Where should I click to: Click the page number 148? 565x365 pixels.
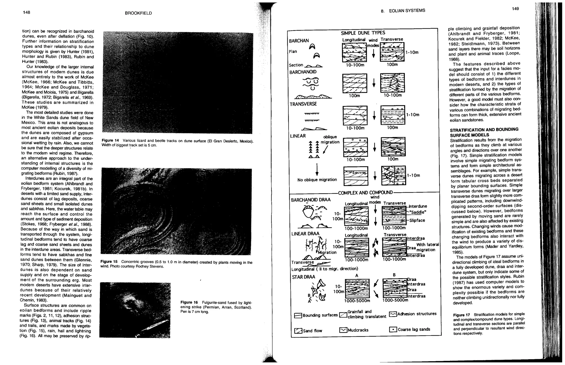[x=27, y=12]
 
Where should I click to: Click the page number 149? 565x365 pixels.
[x=515, y=9]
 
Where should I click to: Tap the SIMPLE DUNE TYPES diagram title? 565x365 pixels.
[x=363, y=33]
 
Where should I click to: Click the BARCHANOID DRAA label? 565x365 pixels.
[x=307, y=200]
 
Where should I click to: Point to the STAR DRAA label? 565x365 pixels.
[x=303, y=277]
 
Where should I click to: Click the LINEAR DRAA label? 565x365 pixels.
[x=305, y=234]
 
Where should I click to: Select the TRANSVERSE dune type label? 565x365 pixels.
[x=303, y=104]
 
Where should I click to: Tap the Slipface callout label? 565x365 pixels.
[x=417, y=220]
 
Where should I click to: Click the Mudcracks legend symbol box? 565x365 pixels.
[x=343, y=330]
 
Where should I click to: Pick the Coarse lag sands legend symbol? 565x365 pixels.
[x=393, y=329]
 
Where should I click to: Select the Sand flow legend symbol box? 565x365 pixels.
[x=298, y=331]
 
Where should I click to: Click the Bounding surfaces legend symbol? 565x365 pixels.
[x=298, y=316]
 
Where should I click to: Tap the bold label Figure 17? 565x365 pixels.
[x=461, y=315]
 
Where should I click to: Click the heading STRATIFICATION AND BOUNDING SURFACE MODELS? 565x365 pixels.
[x=484, y=132]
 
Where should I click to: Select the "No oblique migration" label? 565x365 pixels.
[x=317, y=180]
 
